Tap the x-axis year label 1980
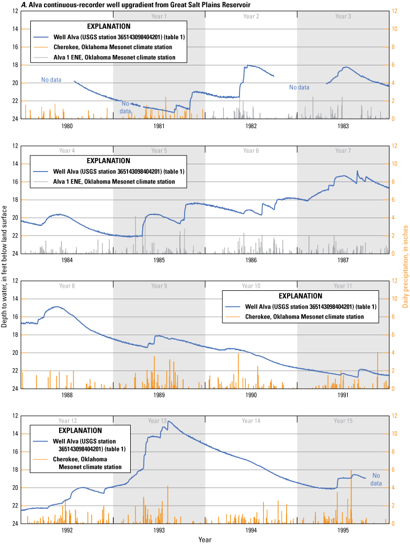[67, 126]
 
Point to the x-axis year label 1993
[159, 530]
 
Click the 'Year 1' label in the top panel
[159, 16]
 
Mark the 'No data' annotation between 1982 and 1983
[299, 87]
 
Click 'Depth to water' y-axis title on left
[4, 272]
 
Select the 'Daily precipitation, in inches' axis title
[405, 272]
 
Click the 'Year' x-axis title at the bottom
[205, 539]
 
